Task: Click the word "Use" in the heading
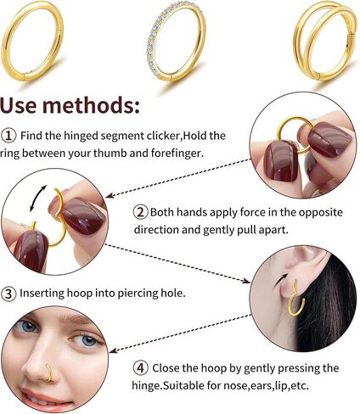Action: point(19,105)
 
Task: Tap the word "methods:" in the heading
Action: point(91,105)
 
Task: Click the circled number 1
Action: point(8,136)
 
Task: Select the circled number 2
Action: point(141,212)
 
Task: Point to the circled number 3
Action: point(8,294)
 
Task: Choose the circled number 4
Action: point(141,368)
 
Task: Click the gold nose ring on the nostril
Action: point(50,373)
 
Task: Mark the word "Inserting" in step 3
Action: point(42,294)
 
